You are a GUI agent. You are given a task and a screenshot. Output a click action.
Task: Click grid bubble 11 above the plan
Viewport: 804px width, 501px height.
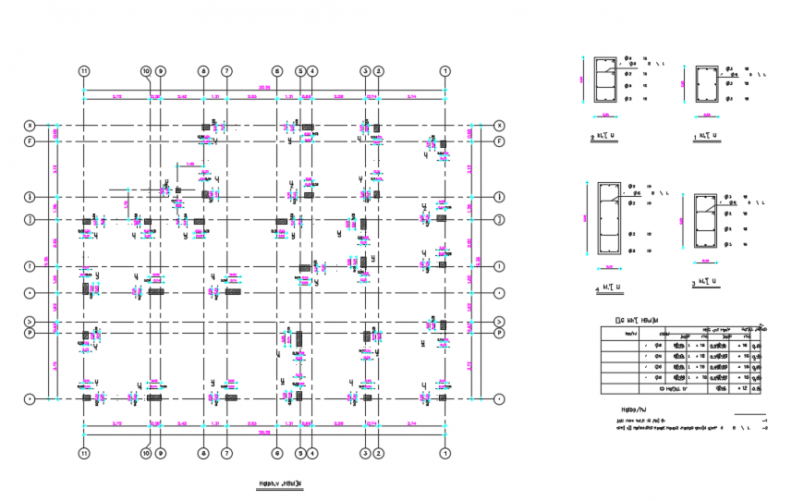(84, 71)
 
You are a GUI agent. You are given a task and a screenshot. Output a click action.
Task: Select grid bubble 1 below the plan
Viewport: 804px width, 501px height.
(445, 453)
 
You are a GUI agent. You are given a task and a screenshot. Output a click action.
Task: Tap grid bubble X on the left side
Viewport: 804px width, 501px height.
(30, 126)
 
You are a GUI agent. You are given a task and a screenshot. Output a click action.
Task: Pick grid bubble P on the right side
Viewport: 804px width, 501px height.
(499, 333)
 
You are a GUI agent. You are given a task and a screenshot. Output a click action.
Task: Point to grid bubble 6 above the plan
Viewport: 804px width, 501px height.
(276, 71)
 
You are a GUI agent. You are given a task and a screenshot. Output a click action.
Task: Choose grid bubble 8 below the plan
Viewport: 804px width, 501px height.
(203, 453)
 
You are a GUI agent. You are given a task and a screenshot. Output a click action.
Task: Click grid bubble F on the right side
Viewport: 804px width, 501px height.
(499, 141)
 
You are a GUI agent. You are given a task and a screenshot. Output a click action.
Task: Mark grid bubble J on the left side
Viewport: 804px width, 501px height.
(30, 219)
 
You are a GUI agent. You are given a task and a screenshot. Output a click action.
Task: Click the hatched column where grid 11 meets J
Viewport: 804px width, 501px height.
(86, 221)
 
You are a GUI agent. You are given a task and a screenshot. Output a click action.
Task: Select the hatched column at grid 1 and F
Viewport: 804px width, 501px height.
(444, 144)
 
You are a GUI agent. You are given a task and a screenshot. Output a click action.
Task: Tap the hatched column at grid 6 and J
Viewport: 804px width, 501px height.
(282, 221)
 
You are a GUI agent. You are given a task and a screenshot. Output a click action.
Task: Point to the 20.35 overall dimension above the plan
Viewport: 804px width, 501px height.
(265, 89)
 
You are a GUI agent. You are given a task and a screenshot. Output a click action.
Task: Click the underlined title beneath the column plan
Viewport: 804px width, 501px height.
(277, 483)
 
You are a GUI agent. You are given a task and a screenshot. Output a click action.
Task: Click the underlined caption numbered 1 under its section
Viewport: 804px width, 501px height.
(707, 136)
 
